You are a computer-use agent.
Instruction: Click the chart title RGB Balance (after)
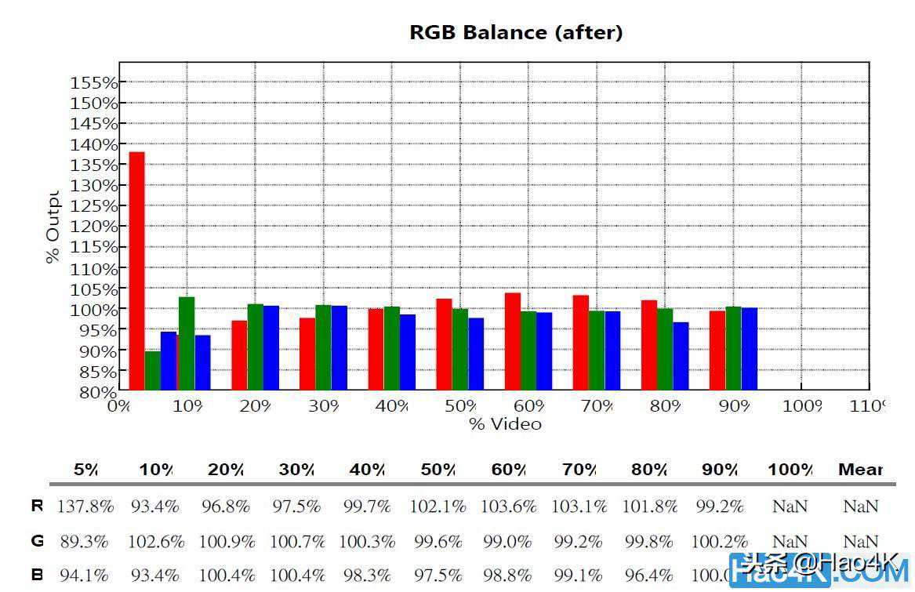(516, 33)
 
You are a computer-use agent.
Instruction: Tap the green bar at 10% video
(187, 343)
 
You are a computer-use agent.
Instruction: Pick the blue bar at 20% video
(271, 347)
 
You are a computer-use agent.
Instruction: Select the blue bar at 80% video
(681, 355)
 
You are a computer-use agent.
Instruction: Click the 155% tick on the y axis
(94, 82)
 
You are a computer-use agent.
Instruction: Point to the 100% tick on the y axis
(94, 310)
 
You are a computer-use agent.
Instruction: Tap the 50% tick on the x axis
(460, 406)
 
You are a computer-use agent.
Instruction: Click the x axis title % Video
(506, 424)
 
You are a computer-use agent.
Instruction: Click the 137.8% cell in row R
(85, 507)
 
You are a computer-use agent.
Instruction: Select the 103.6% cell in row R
(508, 507)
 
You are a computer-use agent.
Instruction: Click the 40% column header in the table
(367, 470)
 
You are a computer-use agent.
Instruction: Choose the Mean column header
(860, 470)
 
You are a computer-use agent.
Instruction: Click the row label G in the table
(37, 542)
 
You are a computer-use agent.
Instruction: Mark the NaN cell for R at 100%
(790, 507)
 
